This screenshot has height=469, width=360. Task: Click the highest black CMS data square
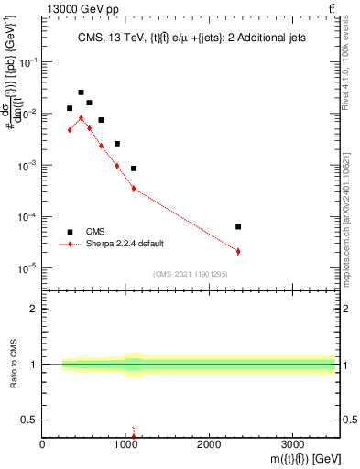click(81, 93)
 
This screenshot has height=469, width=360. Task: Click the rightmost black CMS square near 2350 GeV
click(238, 226)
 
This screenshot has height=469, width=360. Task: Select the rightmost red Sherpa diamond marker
click(238, 251)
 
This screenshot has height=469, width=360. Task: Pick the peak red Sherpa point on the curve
click(81, 117)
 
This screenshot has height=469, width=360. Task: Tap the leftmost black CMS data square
click(70, 108)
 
